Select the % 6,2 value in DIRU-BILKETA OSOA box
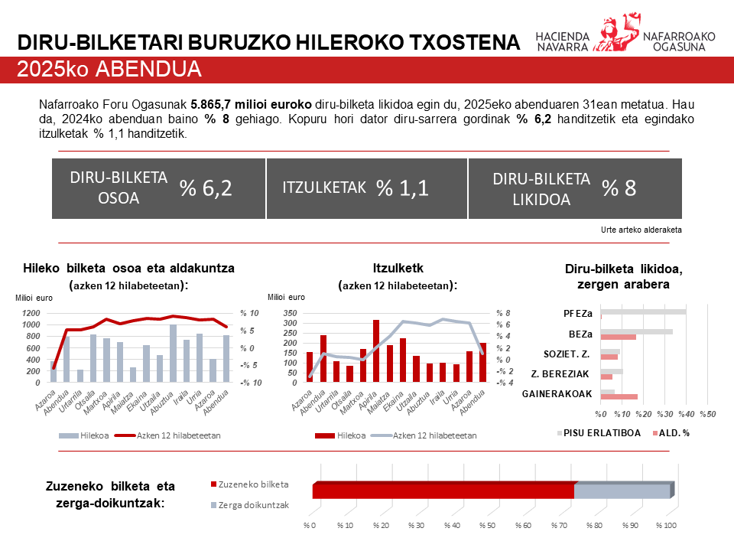[x=206, y=188]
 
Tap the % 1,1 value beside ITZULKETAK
[x=403, y=188]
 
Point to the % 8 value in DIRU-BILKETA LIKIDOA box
[x=619, y=188]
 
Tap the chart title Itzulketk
[x=398, y=268]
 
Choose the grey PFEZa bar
[x=644, y=311]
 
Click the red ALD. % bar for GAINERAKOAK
[x=619, y=396]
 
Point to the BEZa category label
[x=580, y=334]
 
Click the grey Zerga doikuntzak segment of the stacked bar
[x=621, y=491]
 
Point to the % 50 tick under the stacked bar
[x=487, y=526]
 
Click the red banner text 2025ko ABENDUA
[x=109, y=70]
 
